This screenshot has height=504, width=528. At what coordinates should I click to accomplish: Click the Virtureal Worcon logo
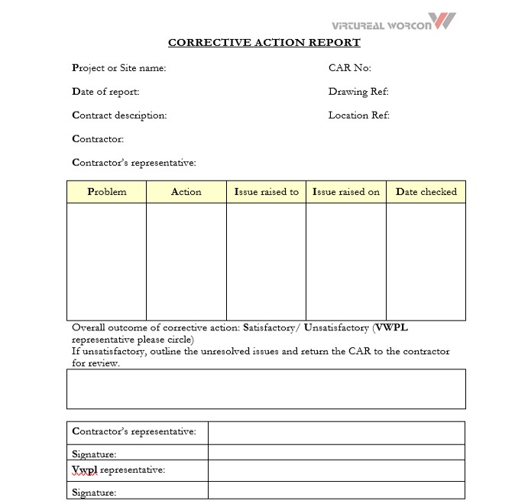[x=394, y=21]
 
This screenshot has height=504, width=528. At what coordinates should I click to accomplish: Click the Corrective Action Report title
[x=264, y=43]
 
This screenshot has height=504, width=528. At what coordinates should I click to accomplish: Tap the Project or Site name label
[x=118, y=68]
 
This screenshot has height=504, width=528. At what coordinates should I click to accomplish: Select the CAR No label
[x=349, y=68]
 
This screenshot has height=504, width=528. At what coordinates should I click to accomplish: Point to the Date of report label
[x=105, y=92]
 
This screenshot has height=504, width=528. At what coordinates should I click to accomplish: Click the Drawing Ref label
[x=358, y=92]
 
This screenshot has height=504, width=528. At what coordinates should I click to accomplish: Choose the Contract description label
[x=119, y=115]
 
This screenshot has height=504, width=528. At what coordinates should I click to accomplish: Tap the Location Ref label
[x=358, y=115]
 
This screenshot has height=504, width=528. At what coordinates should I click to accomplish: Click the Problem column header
[x=106, y=192]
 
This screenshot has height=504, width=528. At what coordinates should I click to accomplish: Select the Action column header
[x=186, y=192]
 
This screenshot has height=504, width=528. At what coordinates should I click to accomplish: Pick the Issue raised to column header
[x=266, y=192]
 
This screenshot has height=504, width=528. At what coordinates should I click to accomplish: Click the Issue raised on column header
[x=345, y=192]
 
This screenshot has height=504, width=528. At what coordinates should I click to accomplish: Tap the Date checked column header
[x=426, y=192]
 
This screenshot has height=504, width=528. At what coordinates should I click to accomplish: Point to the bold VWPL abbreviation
[x=392, y=328]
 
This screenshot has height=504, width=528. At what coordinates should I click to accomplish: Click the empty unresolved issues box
[x=266, y=389]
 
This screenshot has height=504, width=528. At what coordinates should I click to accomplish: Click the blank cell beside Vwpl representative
[x=336, y=470]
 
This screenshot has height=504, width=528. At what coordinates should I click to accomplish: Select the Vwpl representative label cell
[x=138, y=470]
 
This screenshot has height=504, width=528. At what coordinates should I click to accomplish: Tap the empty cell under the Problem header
[x=106, y=261]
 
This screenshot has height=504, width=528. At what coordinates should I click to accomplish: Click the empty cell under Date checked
[x=426, y=261]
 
